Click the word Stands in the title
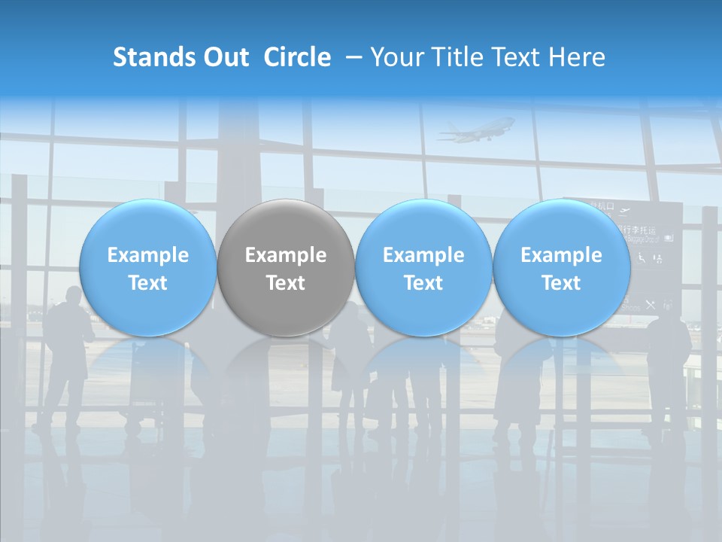[x=150, y=57]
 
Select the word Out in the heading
[x=223, y=57]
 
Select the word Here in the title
[x=578, y=57]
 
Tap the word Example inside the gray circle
[x=286, y=255]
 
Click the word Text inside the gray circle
[x=286, y=283]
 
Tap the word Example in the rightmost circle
[x=562, y=255]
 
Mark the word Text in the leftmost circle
[x=147, y=283]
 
